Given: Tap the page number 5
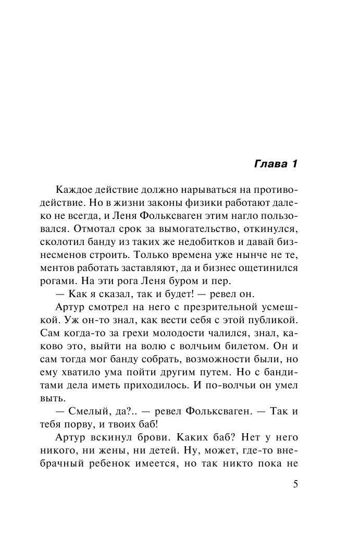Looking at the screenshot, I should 296,483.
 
